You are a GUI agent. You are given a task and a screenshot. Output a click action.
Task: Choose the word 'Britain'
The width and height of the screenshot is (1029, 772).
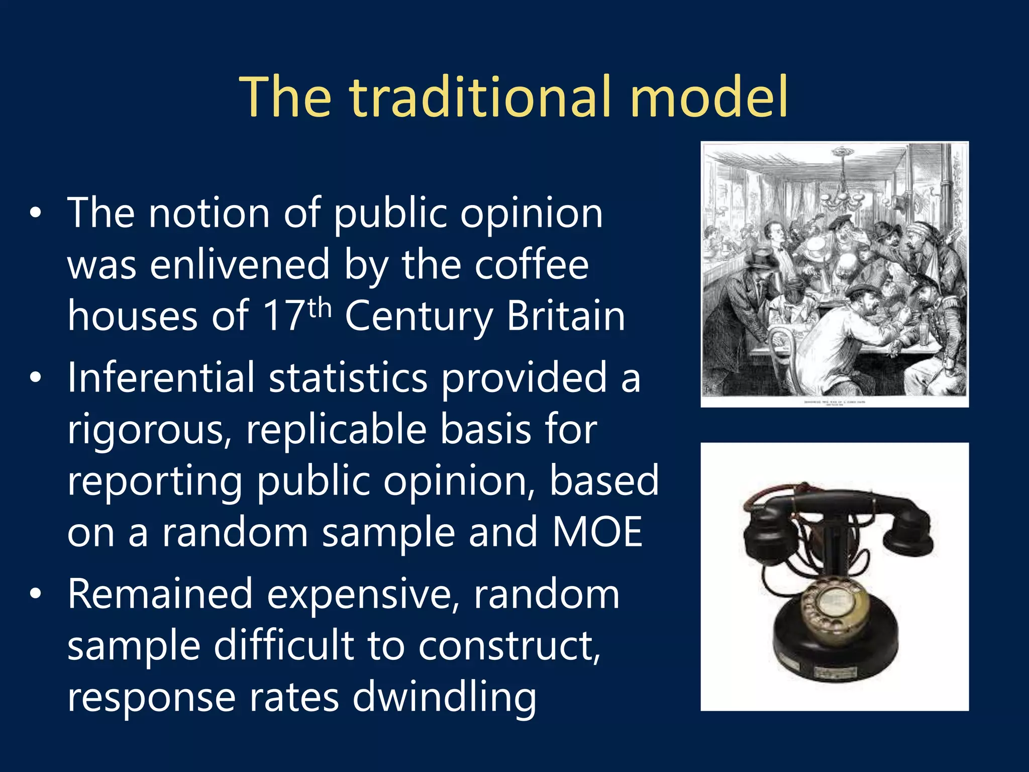[x=566, y=316]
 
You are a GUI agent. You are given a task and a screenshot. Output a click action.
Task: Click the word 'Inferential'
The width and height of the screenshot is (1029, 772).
[x=161, y=377]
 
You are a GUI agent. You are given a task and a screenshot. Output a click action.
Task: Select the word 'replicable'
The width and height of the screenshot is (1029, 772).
[x=336, y=430]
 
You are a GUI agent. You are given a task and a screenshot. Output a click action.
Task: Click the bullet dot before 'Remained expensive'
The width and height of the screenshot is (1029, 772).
[x=35, y=595]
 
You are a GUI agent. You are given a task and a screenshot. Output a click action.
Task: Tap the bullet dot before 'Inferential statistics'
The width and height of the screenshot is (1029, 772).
[x=35, y=378]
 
